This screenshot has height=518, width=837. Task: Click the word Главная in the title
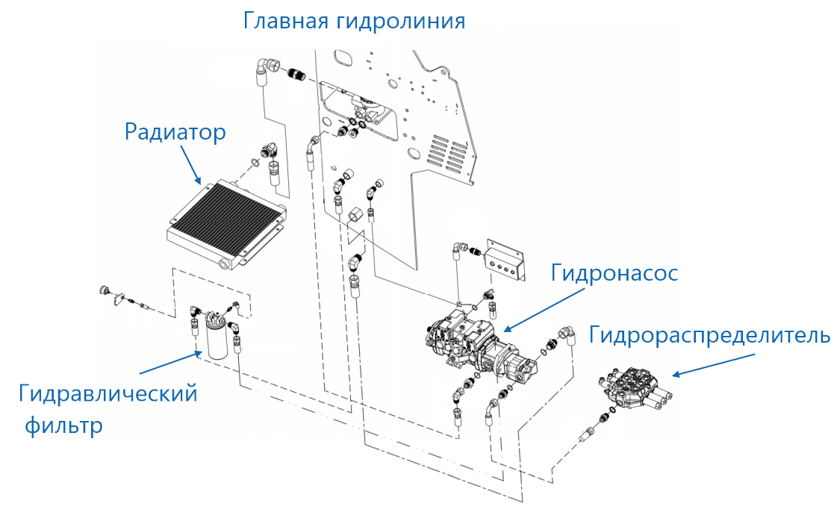(282, 20)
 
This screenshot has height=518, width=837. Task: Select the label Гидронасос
(614, 273)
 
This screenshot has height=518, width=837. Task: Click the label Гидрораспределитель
(709, 335)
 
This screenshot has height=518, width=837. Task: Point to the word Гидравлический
(108, 393)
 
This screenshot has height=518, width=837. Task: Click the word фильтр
(63, 427)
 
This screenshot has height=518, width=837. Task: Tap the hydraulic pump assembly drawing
(474, 343)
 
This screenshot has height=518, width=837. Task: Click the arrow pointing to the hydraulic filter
(169, 362)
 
